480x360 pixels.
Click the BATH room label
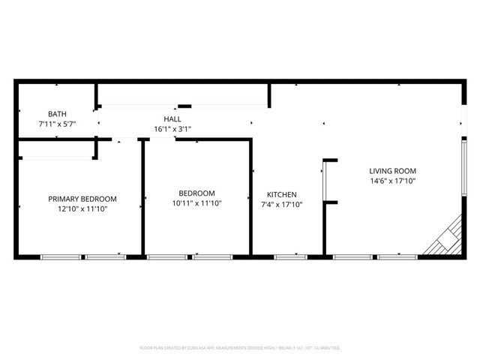coord(57,113)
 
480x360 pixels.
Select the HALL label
coord(172,118)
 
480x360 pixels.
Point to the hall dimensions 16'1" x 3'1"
coord(172,129)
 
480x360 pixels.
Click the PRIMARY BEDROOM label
coord(82,199)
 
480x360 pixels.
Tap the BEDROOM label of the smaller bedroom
coord(196,193)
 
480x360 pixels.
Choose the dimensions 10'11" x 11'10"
coord(196,202)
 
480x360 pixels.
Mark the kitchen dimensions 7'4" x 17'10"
coord(281,204)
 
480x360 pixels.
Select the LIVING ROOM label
coord(393,170)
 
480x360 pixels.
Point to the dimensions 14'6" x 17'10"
coord(393,181)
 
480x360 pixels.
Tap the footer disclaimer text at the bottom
coord(240,348)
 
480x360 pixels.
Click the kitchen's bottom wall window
coord(290,257)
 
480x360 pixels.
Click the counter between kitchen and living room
coord(325,181)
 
